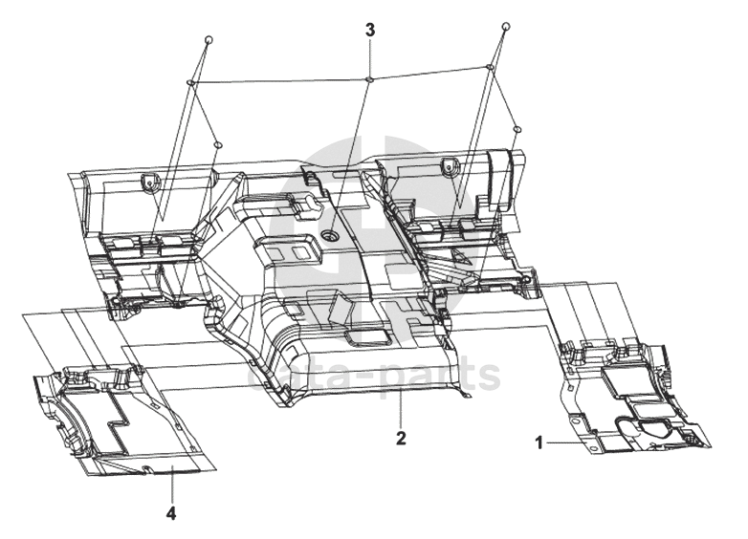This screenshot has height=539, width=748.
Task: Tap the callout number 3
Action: (370, 30)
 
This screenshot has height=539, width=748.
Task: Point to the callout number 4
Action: (171, 513)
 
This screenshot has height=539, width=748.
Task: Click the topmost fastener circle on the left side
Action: (209, 39)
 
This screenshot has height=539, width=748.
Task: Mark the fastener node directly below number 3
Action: (369, 78)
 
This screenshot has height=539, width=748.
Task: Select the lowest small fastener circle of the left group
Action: (218, 144)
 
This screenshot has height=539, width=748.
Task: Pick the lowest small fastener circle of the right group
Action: (517, 128)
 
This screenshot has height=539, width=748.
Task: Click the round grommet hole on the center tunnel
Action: (331, 234)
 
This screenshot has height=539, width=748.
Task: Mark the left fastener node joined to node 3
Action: (190, 85)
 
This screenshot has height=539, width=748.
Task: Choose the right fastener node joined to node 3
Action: (490, 67)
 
